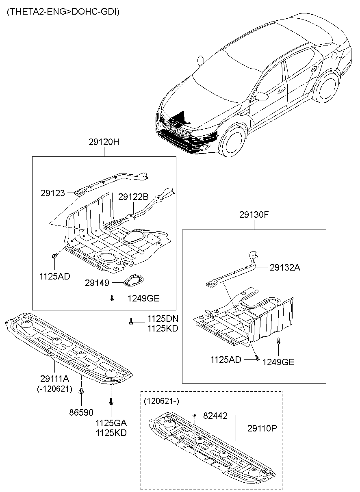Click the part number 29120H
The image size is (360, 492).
[104, 143]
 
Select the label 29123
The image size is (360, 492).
[52, 193]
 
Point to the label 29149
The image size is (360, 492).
[97, 283]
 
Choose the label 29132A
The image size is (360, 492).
[285, 267]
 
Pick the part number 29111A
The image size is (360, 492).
[55, 379]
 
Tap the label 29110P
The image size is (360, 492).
[262, 428]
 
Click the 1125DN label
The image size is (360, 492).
[163, 319]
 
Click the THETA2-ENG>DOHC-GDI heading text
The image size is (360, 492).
[63, 12]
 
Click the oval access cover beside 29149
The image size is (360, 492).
[133, 280]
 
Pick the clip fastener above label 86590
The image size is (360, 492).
[82, 392]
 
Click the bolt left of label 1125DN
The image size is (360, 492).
[131, 322]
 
